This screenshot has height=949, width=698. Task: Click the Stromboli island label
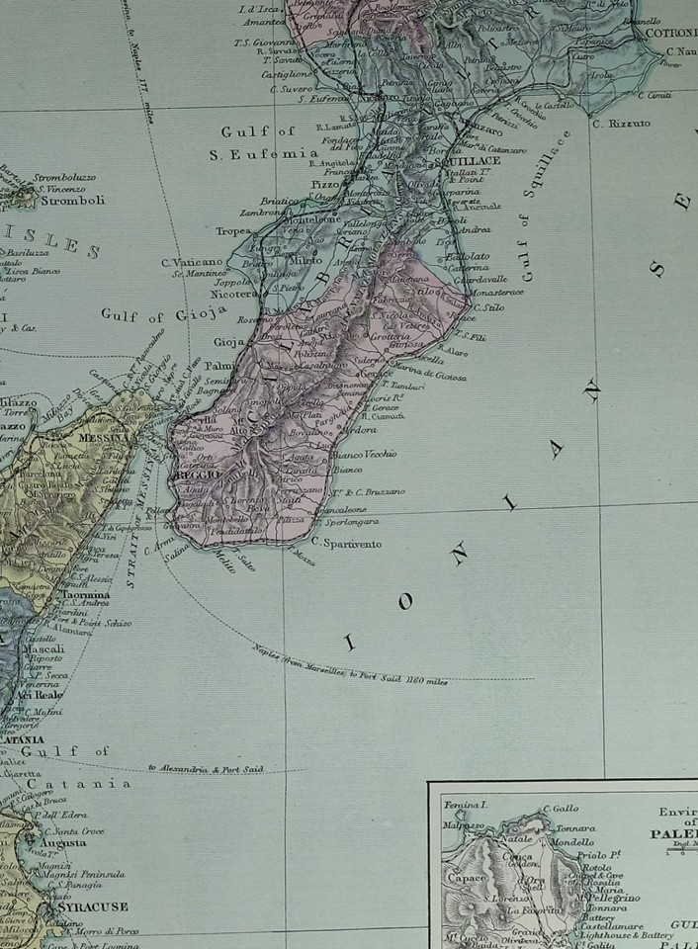click(x=65, y=199)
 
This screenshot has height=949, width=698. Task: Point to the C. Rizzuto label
click(x=622, y=124)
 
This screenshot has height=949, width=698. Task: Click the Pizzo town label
click(x=297, y=184)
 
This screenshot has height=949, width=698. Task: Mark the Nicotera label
click(x=233, y=294)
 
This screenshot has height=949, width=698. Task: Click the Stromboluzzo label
click(x=65, y=178)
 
